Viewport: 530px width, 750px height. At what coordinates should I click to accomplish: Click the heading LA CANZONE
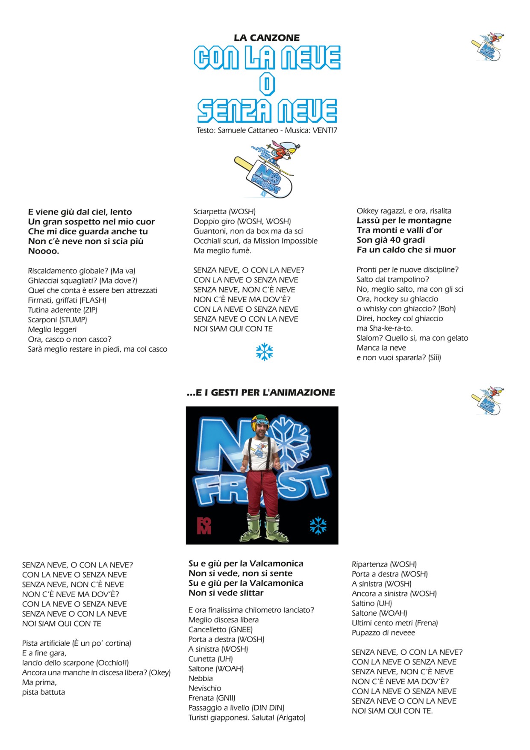tap(267, 38)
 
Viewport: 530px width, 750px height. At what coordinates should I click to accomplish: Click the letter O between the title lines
tap(267, 84)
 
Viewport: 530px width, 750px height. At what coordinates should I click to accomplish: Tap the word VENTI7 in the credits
tap(325, 130)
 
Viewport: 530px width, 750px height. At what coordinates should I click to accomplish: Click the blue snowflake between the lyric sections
tap(265, 352)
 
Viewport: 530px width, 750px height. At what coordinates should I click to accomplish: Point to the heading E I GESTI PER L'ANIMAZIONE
tap(261, 393)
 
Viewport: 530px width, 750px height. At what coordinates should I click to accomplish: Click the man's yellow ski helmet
tap(260, 422)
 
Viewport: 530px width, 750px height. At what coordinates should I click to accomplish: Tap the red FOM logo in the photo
tap(204, 526)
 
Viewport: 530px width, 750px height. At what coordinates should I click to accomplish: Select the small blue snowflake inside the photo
tap(318, 526)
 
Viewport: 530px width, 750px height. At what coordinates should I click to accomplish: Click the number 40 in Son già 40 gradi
tap(395, 240)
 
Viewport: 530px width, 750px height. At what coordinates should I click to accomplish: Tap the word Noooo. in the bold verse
tap(44, 251)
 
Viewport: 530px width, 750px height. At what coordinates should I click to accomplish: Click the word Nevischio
tap(205, 688)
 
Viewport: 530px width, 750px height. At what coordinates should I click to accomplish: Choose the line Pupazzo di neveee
tap(383, 632)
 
